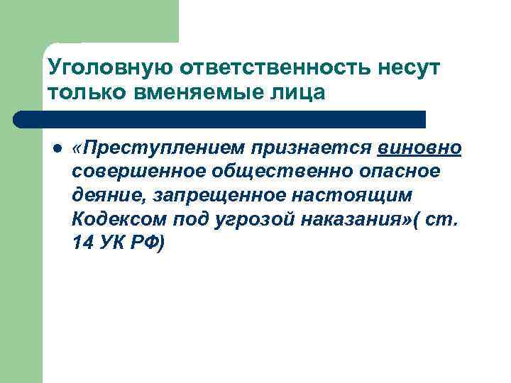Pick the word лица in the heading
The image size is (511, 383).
pos(302,93)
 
